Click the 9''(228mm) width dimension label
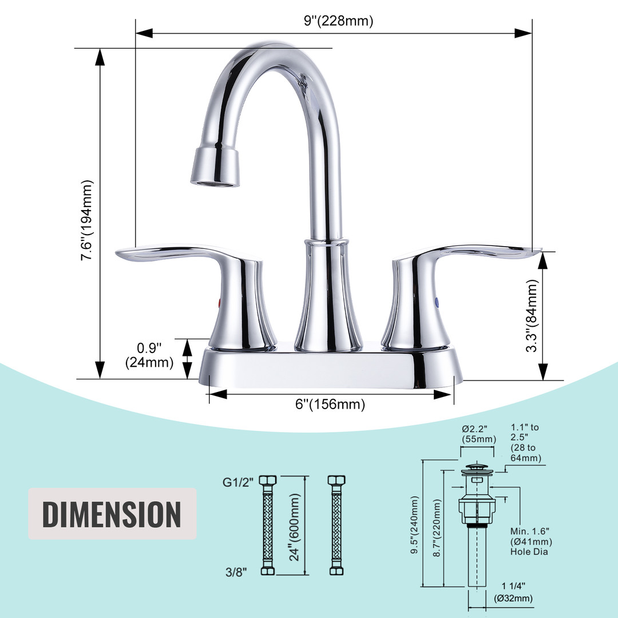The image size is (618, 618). click(x=339, y=21)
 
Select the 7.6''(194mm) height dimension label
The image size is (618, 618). click(x=87, y=220)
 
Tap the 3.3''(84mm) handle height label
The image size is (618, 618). click(x=532, y=315)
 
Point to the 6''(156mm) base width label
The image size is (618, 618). click(x=330, y=404)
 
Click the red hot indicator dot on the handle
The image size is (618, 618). click(x=219, y=303)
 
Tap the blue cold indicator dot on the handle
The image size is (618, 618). click(x=436, y=302)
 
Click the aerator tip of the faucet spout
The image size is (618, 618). click(x=215, y=183)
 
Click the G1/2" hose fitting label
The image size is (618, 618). click(x=239, y=482)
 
